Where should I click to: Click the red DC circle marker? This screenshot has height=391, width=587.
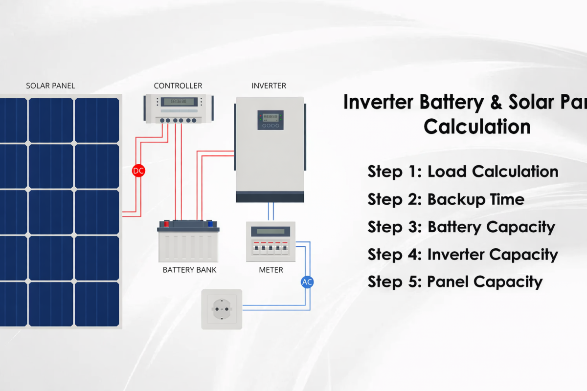[x=139, y=171]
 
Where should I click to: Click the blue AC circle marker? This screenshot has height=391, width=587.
[x=307, y=282]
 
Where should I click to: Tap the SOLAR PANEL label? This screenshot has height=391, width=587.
[x=50, y=86]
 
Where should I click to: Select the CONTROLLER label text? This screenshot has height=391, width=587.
[x=178, y=86]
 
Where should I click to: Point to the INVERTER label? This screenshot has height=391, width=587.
[x=269, y=86]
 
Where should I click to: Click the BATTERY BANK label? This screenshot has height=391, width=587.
[x=189, y=270]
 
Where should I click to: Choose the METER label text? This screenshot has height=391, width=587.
[x=271, y=270]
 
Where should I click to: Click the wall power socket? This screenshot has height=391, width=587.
[x=222, y=309]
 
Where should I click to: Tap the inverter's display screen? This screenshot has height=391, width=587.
[x=271, y=118]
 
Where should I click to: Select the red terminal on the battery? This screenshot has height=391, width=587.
[x=166, y=224]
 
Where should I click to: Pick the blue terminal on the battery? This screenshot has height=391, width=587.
[x=211, y=224]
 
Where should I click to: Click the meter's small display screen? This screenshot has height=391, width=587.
[x=271, y=231]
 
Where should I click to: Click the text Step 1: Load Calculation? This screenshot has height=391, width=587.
[x=463, y=172]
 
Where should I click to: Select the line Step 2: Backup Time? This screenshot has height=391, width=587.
[x=446, y=199]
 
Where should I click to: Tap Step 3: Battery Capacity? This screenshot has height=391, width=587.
[x=461, y=227]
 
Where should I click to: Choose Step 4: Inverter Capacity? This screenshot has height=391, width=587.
[x=462, y=255]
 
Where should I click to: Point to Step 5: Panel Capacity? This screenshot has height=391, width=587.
[x=455, y=282]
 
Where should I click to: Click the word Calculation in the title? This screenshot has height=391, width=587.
[x=477, y=127]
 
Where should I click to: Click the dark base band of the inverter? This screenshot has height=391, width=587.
[x=270, y=197]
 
